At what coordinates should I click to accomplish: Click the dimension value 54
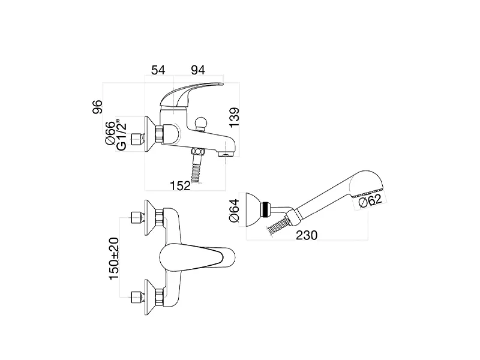click(158, 70)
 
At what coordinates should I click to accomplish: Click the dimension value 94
click(198, 70)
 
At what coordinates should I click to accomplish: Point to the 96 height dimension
click(97, 107)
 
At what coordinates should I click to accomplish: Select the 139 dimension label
click(234, 117)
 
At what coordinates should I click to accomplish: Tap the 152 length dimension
click(181, 185)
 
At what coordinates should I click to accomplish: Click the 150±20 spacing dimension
click(114, 259)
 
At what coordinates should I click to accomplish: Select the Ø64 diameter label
click(234, 211)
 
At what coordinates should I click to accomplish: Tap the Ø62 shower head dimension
click(370, 201)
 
